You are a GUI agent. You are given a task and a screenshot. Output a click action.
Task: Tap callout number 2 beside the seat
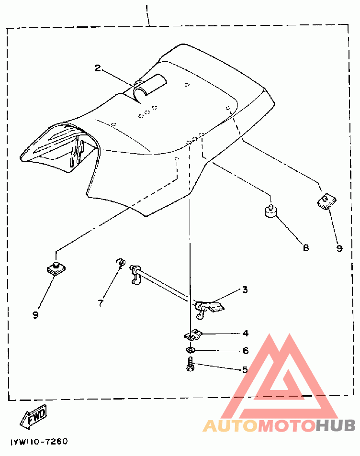coord(98,68)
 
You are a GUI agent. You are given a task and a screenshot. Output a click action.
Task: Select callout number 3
coord(245,289)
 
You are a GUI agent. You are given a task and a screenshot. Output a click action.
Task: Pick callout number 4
coord(246,334)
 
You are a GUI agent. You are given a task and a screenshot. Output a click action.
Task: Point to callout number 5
coord(245,369)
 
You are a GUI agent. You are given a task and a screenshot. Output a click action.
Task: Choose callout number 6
coord(246,351)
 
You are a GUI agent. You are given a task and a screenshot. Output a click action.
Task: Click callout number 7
coord(101,303)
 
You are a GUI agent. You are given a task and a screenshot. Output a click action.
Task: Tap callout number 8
coord(305,248)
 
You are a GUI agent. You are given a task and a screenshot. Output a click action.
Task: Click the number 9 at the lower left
coord(35,315)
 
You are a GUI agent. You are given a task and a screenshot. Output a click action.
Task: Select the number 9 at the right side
coord(339,248)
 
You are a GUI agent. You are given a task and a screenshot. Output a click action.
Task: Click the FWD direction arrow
coord(33,416)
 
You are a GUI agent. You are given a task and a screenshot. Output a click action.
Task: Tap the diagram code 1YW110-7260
coord(39,442)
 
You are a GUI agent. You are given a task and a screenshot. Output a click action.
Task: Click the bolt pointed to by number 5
coord(190,364)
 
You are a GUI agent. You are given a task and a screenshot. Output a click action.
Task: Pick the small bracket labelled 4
coord(192,334)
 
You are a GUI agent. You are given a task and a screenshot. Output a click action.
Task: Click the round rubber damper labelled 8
coord(270,211)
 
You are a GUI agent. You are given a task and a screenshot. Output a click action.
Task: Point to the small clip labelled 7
coord(121,262)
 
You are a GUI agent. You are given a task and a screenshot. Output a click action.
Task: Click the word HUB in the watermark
coord(336,426)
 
